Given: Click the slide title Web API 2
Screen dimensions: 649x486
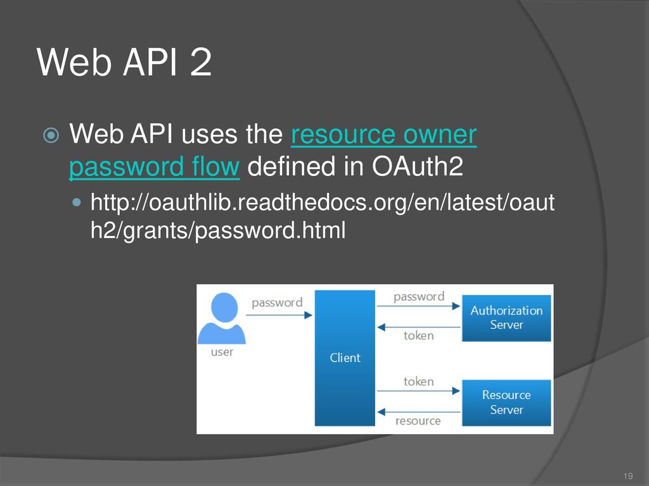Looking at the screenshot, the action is [x=124, y=62].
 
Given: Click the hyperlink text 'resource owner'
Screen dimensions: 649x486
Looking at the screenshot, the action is [x=383, y=134].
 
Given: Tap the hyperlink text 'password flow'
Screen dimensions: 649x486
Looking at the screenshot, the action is [x=155, y=166].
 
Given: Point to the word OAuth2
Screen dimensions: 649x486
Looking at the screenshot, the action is [x=417, y=166].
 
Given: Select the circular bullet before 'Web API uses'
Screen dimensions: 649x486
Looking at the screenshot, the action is [x=51, y=135].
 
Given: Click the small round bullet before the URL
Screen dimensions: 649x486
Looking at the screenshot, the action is [x=77, y=202].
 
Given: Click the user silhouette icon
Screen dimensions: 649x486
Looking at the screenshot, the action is [x=222, y=318].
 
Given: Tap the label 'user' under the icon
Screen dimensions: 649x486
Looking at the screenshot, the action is [x=222, y=352].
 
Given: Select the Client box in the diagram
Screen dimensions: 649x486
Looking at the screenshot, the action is [x=345, y=358].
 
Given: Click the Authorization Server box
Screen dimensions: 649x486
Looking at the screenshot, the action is [x=506, y=318].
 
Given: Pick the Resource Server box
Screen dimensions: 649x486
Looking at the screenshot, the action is [x=506, y=402].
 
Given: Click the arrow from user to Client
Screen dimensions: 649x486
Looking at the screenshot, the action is [x=279, y=315].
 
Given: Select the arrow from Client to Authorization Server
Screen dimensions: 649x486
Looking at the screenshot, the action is [x=418, y=306].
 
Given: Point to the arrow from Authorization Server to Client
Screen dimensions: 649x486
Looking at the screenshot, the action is [x=418, y=327].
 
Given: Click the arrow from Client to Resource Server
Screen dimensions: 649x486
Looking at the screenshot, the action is [x=418, y=391].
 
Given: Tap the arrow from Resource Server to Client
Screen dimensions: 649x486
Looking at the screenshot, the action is [x=418, y=412].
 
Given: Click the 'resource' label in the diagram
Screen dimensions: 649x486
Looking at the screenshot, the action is [x=418, y=421].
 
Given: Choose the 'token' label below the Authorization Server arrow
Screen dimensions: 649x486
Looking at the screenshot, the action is [x=419, y=335].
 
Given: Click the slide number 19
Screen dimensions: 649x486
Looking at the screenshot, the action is [x=628, y=476].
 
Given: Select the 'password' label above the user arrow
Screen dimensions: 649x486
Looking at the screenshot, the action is [x=277, y=303].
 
